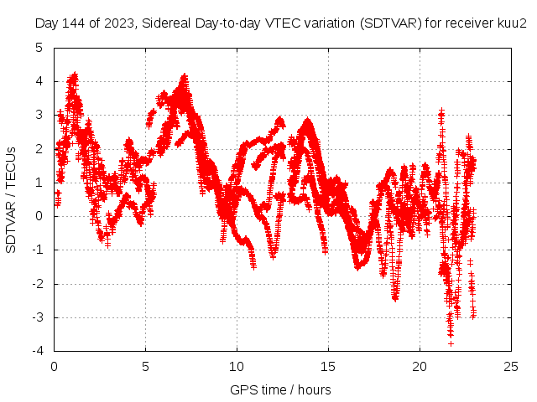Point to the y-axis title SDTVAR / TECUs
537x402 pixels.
(12, 199)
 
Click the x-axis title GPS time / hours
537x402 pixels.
(281, 389)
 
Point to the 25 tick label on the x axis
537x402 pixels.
(511, 366)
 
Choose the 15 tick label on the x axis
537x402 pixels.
(328, 366)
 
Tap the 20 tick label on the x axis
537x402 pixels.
(420, 366)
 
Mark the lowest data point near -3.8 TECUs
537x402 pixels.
(451, 343)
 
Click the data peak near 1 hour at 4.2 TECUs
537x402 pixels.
(75, 75)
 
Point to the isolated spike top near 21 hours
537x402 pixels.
(441, 111)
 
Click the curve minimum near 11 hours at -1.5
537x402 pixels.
(253, 266)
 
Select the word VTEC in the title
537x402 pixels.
(266, 23)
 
